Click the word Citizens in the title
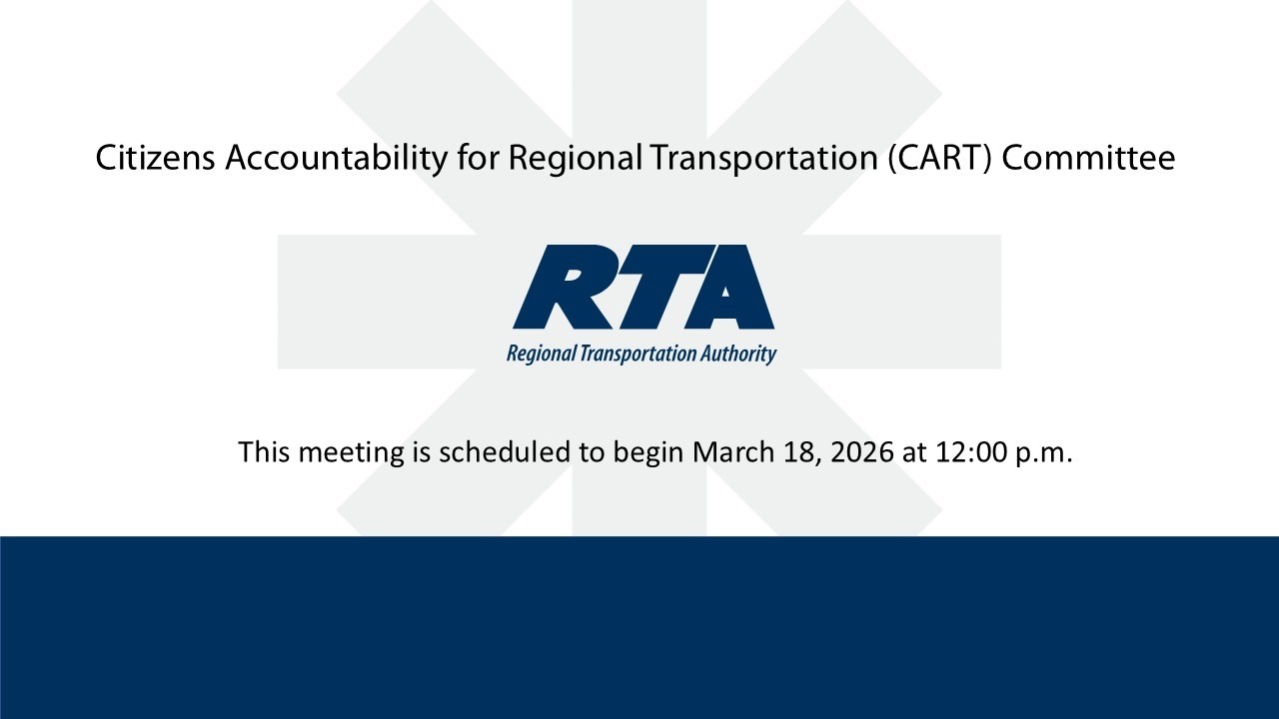[x=155, y=158]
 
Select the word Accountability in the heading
[x=336, y=158]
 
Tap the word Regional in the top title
[x=575, y=158]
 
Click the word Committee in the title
[x=1088, y=158]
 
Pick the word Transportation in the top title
[x=764, y=158]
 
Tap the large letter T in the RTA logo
[x=649, y=288]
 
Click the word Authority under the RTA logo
[x=738, y=354]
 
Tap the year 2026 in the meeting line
[x=864, y=451]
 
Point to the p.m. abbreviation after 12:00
[x=1043, y=453]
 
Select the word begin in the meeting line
[x=647, y=453]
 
